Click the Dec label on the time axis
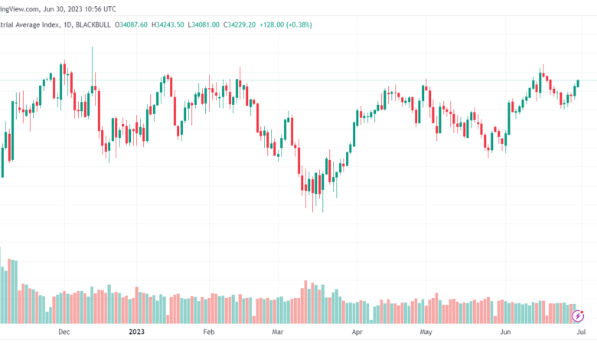(x=64, y=332)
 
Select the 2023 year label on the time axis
(x=136, y=332)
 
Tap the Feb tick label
(x=208, y=332)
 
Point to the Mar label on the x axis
(x=278, y=332)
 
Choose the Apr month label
(x=356, y=332)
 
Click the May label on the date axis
(x=427, y=332)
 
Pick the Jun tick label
(x=504, y=332)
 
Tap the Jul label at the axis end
(x=581, y=332)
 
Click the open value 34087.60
(x=132, y=25)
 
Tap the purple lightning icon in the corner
(x=579, y=315)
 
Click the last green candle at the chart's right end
(x=579, y=83)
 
